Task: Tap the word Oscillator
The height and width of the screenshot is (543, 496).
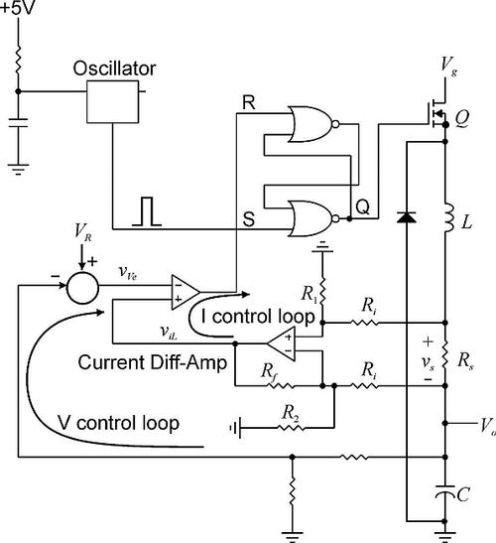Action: coord(114,68)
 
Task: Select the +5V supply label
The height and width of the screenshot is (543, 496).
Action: coord(18,8)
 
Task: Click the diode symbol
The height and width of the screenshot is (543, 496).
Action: coord(406,217)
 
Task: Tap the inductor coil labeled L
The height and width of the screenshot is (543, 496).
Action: coord(448,217)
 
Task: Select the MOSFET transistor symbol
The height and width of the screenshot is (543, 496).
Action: coord(436,113)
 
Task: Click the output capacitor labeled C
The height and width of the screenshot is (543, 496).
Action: coord(445,492)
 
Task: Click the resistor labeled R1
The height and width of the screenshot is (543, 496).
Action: coord(322,292)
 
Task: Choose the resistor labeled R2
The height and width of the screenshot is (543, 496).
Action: coord(291,428)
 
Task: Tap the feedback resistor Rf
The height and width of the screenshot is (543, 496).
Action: coord(281,385)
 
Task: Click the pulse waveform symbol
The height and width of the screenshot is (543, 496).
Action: coord(147,211)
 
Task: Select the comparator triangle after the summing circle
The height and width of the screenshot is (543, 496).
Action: coord(186,293)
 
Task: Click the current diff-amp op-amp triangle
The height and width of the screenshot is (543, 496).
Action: coord(281,343)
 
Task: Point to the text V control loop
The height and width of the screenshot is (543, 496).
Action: coord(118,423)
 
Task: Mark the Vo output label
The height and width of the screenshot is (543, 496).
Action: coord(488,425)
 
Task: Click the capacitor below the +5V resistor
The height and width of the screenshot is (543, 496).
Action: coord(18,123)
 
